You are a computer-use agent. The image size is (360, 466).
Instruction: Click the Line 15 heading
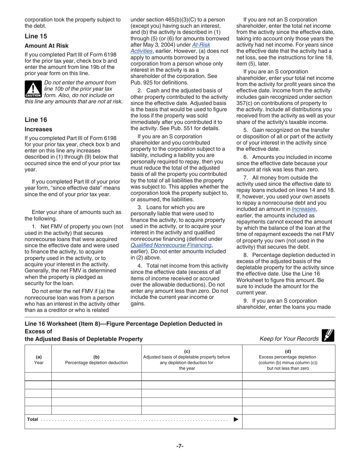36,36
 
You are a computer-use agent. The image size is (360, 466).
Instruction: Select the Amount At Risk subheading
47,46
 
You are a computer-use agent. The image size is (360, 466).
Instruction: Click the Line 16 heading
36,120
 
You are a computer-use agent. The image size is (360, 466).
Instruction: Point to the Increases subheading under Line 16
38,129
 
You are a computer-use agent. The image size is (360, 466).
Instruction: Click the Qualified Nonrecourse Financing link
171,245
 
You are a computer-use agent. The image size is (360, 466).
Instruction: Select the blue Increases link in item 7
304,209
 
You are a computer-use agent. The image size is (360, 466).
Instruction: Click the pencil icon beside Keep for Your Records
327,335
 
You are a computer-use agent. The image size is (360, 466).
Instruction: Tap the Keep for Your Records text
289,339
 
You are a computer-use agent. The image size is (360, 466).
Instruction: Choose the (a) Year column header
39,360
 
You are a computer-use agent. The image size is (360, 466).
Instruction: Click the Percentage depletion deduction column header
96,360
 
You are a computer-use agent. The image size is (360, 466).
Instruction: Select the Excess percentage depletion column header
289,360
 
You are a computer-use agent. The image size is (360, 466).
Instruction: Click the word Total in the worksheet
33,419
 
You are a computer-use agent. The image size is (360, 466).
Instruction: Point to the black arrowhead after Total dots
236,419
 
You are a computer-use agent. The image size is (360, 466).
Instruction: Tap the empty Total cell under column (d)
288,421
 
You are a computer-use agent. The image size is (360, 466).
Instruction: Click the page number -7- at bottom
180,446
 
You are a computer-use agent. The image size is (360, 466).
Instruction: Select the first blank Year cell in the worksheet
38,376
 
